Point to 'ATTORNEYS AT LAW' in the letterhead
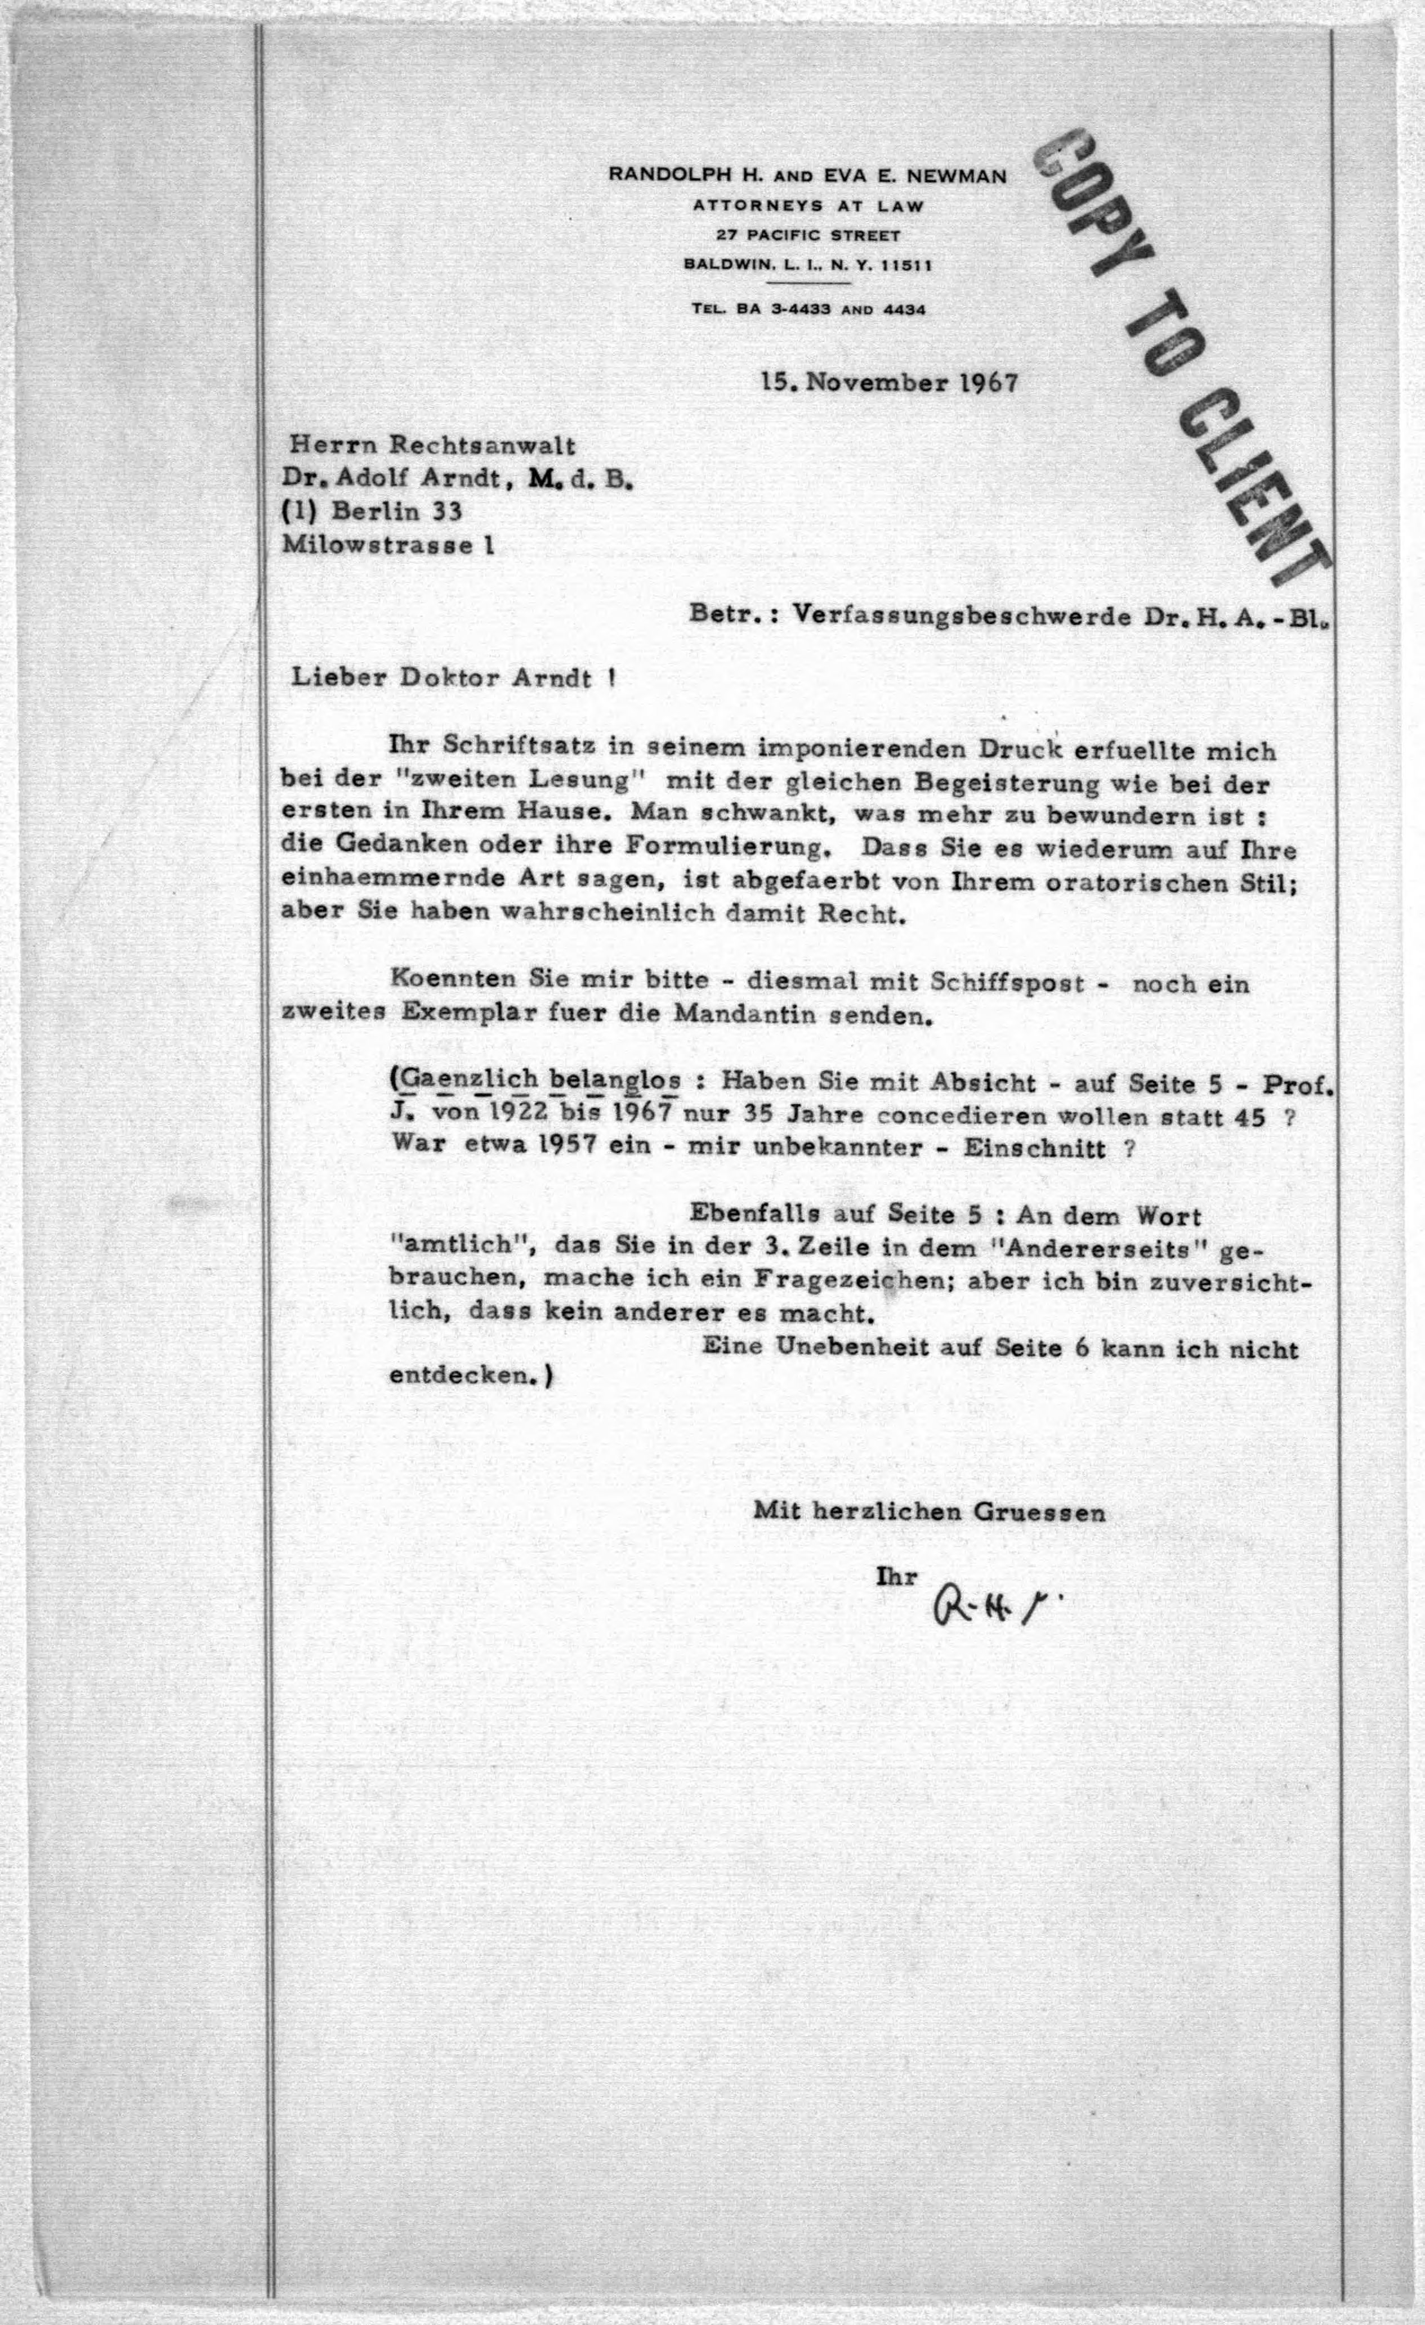pyautogui.click(x=808, y=205)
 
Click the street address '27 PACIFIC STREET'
pyautogui.click(x=808, y=235)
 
